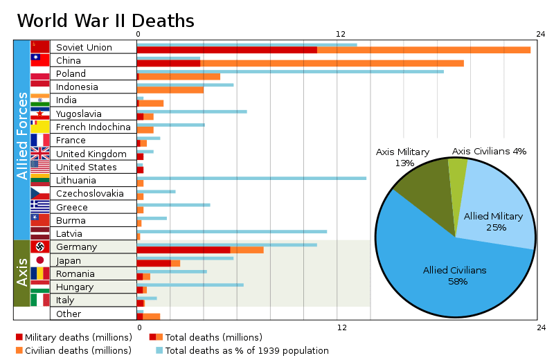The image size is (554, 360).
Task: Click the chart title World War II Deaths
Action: pyautogui.click(x=105, y=21)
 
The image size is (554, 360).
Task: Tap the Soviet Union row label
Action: pyautogui.click(x=84, y=47)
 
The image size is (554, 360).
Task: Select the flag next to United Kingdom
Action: pyautogui.click(x=40, y=154)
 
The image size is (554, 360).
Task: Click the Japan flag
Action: pyautogui.click(x=40, y=260)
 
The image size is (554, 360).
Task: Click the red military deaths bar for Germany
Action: pyautogui.click(x=184, y=250)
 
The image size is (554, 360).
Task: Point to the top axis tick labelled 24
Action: pyautogui.click(x=540, y=34)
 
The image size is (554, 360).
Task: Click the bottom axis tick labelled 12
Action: pyautogui.click(x=341, y=326)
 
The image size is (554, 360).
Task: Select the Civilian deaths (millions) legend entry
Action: pyautogui.click(x=73, y=350)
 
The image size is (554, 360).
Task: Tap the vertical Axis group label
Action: pyautogui.click(x=22, y=272)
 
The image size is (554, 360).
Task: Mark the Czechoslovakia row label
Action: pyautogui.click(x=90, y=194)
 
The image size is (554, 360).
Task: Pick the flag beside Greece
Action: pyautogui.click(x=40, y=207)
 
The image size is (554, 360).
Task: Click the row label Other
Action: pyautogui.click(x=69, y=314)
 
